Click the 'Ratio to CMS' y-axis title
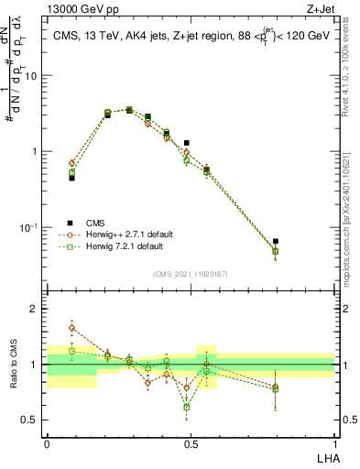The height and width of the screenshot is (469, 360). [12, 365]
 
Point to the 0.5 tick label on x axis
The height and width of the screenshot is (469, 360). [191, 445]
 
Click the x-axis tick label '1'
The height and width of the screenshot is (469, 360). [334, 445]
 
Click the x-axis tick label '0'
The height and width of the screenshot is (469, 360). [47, 445]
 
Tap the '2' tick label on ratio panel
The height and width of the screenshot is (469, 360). [35, 309]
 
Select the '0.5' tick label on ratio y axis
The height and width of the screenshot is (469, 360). [30, 421]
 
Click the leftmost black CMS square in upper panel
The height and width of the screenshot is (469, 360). [71, 178]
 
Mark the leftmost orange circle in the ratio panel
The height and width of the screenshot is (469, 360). [71, 327]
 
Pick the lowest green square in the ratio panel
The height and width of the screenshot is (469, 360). [187, 406]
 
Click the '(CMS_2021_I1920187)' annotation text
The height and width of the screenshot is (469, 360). [191, 273]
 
